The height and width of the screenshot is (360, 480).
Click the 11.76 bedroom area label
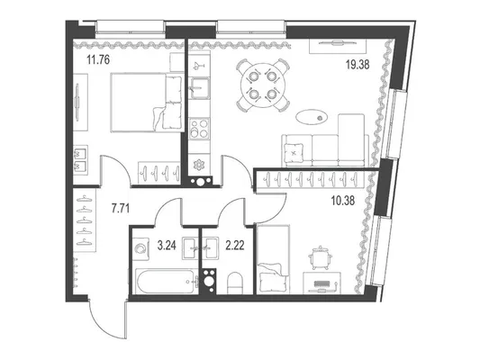[98, 60]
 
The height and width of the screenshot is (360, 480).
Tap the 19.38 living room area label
[358, 65]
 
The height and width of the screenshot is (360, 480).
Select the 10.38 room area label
[343, 201]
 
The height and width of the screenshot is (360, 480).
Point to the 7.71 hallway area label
[120, 209]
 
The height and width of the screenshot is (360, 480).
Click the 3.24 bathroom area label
[167, 245]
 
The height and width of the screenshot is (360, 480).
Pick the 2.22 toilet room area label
[235, 245]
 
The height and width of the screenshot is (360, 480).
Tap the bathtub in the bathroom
[168, 282]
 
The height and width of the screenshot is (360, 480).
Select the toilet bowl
[235, 283]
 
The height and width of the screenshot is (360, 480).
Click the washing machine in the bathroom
[140, 248]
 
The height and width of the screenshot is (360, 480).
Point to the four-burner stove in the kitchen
[199, 129]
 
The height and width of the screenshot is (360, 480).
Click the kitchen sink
[199, 88]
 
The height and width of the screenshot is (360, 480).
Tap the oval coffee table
[312, 117]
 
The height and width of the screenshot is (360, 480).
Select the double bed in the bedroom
[146, 103]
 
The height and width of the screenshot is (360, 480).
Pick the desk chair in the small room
[321, 257]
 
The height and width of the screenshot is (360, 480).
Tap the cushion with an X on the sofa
[294, 152]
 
